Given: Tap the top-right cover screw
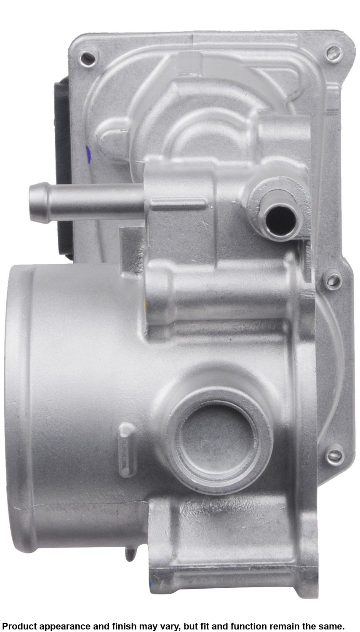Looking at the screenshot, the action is [x=334, y=53].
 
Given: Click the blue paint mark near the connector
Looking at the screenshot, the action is [x=88, y=154].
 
